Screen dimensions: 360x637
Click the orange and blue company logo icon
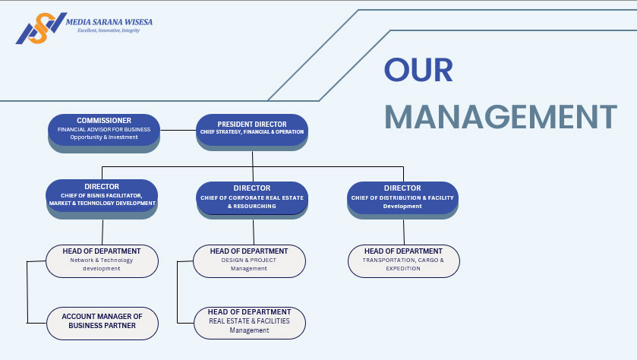pos(36,28)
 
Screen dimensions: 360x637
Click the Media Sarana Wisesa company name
pos(109,22)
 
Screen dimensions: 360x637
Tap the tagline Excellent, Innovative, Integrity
pos(104,30)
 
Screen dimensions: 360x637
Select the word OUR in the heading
pos(418,70)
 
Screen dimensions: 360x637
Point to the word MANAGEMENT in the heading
pos(500,117)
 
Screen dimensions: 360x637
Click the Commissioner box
pos(104,129)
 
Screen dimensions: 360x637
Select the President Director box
pos(251,128)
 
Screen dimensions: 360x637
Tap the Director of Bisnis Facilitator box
pos(102,195)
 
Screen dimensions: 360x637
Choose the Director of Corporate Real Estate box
pos(252,197)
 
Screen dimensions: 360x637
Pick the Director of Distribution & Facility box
pos(402,197)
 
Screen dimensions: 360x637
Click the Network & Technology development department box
pos(102,260)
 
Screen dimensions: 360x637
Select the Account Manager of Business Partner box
pos(102,322)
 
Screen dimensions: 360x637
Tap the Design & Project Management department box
pos(249,260)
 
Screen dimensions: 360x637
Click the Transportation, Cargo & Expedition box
pos(403,260)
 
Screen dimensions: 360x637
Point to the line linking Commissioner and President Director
pos(178,130)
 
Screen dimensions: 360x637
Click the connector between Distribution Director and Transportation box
pos(404,232)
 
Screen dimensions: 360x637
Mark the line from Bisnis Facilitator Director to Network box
pos(102,232)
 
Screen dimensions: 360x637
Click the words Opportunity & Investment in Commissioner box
pos(104,137)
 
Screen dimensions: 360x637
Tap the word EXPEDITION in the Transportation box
pos(403,268)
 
